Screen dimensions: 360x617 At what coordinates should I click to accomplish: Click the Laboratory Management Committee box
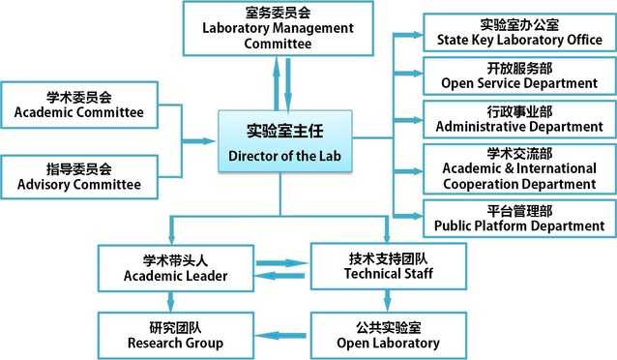(278, 28)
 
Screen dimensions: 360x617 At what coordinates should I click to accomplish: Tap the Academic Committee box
(79, 105)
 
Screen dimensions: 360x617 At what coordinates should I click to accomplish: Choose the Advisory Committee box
(79, 175)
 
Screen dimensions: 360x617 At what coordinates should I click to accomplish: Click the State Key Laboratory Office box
(519, 31)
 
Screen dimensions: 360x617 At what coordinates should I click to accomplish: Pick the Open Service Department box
(519, 75)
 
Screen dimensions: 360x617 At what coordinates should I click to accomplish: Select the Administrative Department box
(519, 119)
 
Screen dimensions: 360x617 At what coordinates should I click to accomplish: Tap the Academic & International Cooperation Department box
(519, 167)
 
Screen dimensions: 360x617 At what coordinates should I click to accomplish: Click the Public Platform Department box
(519, 218)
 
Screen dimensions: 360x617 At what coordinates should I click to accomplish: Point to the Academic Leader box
(176, 268)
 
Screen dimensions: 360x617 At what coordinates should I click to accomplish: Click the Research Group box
(176, 335)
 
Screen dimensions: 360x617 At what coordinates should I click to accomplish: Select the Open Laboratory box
(389, 335)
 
